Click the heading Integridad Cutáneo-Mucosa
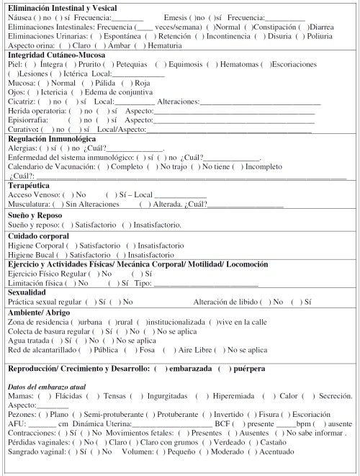(57, 55)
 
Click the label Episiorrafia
(28, 120)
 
